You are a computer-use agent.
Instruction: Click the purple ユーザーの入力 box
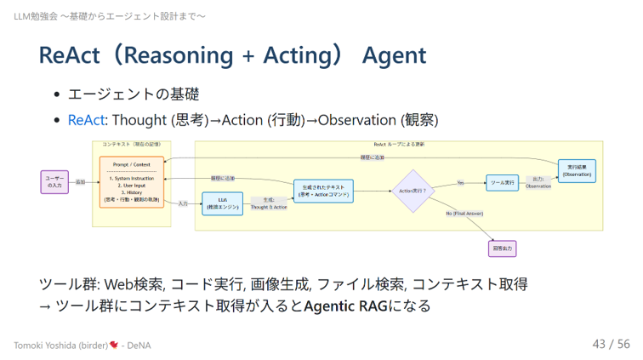point(54,182)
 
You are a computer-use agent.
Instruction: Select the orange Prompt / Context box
point(130,180)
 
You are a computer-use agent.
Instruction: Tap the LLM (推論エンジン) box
point(221,203)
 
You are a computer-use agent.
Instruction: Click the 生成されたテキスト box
point(322,191)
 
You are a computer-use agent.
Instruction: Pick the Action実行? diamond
point(413,191)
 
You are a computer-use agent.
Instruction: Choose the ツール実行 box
point(502,182)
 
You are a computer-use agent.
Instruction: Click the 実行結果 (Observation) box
point(577,170)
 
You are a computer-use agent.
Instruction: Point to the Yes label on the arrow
point(460,182)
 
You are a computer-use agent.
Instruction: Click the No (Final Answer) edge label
point(464,214)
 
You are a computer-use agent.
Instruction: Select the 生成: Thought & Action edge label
point(268,203)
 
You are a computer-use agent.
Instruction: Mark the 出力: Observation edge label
point(538,182)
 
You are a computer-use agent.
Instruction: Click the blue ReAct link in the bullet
point(87,120)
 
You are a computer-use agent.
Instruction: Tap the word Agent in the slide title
point(394,56)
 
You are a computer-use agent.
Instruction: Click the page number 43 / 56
point(611,344)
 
